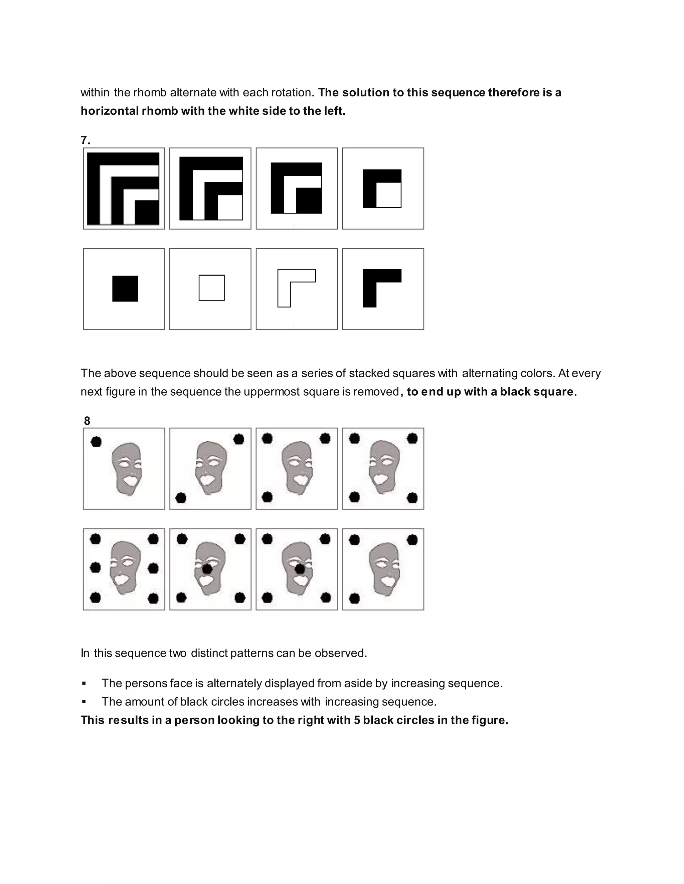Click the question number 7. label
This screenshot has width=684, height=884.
coord(85,140)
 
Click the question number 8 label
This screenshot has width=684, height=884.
coord(87,421)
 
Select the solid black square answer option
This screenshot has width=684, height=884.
coord(125,289)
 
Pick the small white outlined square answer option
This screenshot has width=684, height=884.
coord(211,288)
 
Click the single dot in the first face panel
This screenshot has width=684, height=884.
coord(96,442)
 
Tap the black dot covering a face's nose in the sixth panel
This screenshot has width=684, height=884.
coord(207,569)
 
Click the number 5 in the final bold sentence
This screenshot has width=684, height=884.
coord(357,720)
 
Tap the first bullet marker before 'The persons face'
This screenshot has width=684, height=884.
coord(84,684)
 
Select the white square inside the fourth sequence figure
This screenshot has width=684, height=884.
coord(389,195)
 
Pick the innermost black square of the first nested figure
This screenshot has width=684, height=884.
coord(147,212)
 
